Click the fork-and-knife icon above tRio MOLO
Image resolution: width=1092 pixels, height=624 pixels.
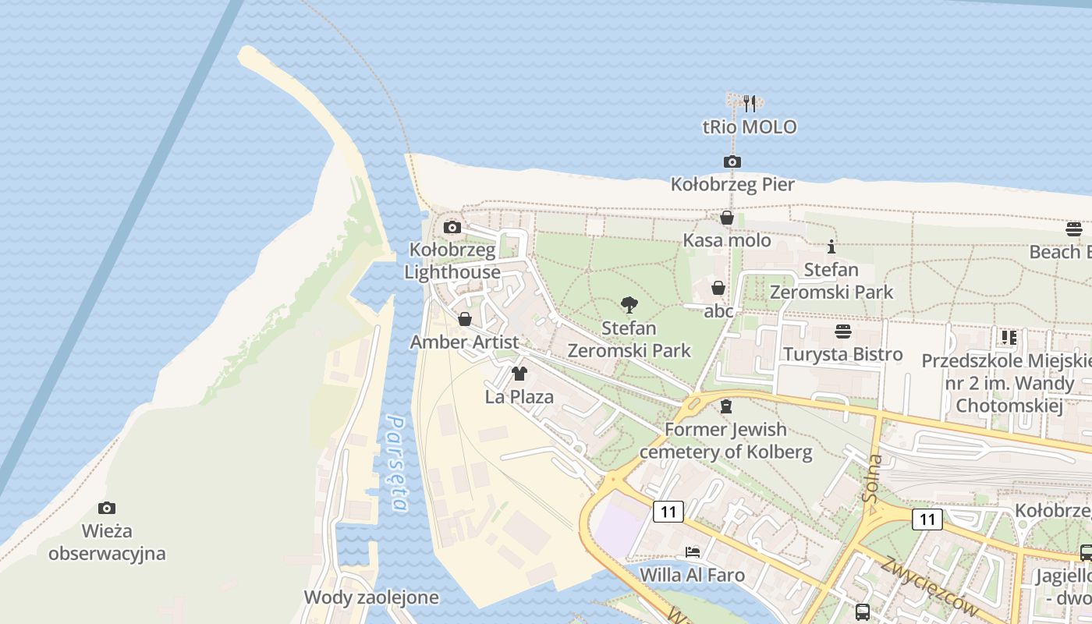(x=749, y=103)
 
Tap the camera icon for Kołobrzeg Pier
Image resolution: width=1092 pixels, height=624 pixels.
(x=732, y=161)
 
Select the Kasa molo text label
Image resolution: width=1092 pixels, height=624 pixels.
(x=727, y=240)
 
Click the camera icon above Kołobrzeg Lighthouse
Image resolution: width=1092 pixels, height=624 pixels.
(x=452, y=228)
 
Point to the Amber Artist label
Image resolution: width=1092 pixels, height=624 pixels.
(x=464, y=342)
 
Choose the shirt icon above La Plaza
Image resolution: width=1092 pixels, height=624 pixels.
(x=519, y=373)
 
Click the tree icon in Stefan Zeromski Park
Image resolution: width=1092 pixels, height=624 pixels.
(x=629, y=305)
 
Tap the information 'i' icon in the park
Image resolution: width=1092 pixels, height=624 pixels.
(x=831, y=246)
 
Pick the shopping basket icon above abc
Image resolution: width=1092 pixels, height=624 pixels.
(x=718, y=288)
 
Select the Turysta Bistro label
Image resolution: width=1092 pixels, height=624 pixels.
(x=842, y=354)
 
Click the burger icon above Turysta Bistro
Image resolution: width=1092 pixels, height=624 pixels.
(x=842, y=331)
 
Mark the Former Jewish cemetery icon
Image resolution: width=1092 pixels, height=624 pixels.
(x=726, y=406)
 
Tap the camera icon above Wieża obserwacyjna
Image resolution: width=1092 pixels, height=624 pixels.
(x=107, y=509)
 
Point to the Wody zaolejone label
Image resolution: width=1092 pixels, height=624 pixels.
(x=371, y=597)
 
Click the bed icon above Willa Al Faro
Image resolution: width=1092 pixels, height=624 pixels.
(x=692, y=552)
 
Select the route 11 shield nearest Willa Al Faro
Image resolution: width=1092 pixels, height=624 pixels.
(x=668, y=512)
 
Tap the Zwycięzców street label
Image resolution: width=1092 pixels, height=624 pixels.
(x=928, y=587)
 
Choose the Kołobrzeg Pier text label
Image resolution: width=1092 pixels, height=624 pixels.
(x=732, y=184)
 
